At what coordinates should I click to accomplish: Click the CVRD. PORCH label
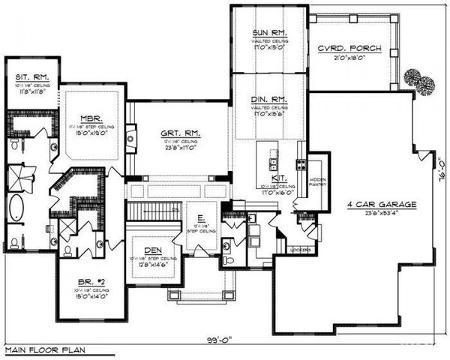[349, 49]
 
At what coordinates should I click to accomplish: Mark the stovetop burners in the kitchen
[301, 164]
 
